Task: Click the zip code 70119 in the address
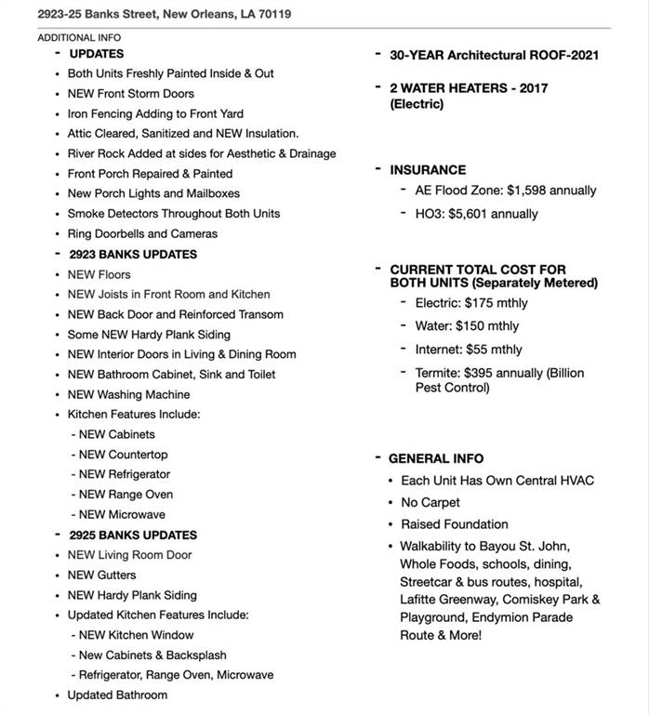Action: pos(272,14)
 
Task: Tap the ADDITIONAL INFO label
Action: pos(79,38)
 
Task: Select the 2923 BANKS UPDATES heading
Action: pos(133,254)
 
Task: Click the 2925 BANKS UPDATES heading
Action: pos(133,535)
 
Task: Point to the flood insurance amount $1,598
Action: pos(529,191)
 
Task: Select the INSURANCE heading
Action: pos(428,170)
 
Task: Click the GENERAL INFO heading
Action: pos(436,458)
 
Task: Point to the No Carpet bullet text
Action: pos(430,502)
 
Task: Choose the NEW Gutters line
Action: pos(101,575)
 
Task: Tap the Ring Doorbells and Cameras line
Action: pos(142,233)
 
